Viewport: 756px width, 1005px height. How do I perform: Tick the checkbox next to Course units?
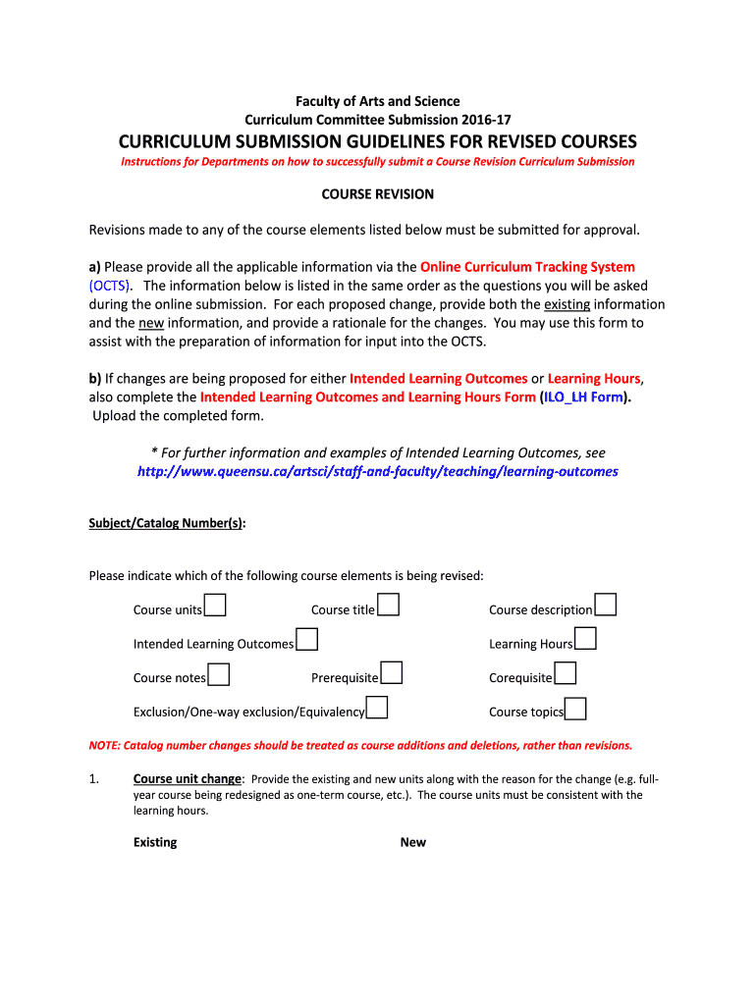pyautogui.click(x=216, y=605)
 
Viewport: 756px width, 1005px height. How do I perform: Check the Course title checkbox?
pyautogui.click(x=389, y=605)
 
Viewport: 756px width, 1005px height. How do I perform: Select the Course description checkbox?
pyautogui.click(x=606, y=605)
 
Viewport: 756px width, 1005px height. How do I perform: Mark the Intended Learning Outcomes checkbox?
pyautogui.click(x=306, y=640)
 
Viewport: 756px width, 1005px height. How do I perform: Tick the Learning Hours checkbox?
pyautogui.click(x=586, y=640)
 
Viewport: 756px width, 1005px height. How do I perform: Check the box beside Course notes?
pyautogui.click(x=219, y=674)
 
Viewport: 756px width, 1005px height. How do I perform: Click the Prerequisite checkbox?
pyautogui.click(x=392, y=673)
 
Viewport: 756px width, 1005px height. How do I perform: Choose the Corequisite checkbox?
pyautogui.click(x=565, y=673)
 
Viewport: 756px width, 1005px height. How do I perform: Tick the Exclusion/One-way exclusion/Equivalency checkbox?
pyautogui.click(x=377, y=708)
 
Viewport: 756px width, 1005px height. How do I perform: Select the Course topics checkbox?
pyautogui.click(x=576, y=709)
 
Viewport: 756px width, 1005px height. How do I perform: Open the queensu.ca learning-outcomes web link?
pyautogui.click(x=377, y=471)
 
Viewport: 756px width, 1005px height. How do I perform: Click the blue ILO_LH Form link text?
pyautogui.click(x=584, y=397)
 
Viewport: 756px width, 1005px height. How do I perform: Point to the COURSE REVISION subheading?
pyautogui.click(x=377, y=194)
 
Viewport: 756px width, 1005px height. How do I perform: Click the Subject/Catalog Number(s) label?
pyautogui.click(x=166, y=523)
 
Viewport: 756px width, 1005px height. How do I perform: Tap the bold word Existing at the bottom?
pyautogui.click(x=155, y=842)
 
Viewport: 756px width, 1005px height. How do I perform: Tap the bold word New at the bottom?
pyautogui.click(x=412, y=842)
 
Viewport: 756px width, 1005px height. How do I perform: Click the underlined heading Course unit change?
pyautogui.click(x=187, y=778)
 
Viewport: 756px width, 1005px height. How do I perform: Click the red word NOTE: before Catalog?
pyautogui.click(x=105, y=745)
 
